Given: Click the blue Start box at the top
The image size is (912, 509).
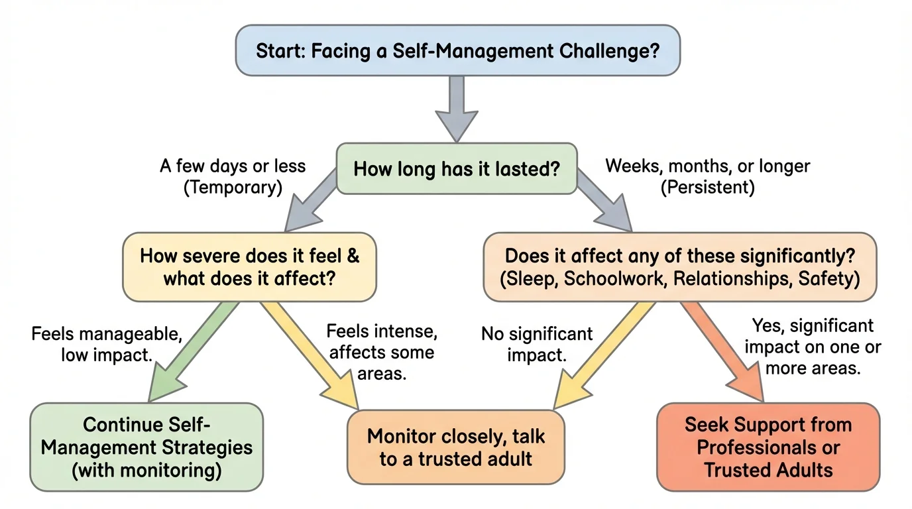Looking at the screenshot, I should (x=457, y=50).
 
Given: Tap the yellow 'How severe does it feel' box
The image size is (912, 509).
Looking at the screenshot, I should (x=249, y=267).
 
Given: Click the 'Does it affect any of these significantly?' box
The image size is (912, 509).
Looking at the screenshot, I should (x=679, y=267).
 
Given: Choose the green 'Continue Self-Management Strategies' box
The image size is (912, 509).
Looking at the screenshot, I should (x=146, y=447).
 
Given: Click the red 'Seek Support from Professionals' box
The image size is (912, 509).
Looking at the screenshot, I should (x=768, y=447).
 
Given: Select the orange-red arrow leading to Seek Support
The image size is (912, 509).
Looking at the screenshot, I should (x=722, y=351).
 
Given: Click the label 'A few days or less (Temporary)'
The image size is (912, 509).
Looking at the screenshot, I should (x=233, y=176).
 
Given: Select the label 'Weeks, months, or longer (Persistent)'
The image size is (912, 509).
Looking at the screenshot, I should (x=707, y=176).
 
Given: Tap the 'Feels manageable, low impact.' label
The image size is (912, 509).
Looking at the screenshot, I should (x=106, y=343).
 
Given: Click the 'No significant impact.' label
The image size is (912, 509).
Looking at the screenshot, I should (x=537, y=343).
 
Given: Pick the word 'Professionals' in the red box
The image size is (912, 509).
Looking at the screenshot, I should (x=768, y=447).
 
